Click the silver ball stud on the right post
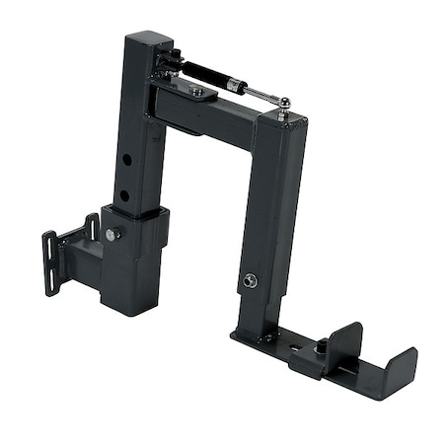tap(284, 104)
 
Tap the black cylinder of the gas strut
tap(210, 75)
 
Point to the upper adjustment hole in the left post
tap(127, 160)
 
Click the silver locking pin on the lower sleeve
tap(111, 235)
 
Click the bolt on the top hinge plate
tap(197, 92)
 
